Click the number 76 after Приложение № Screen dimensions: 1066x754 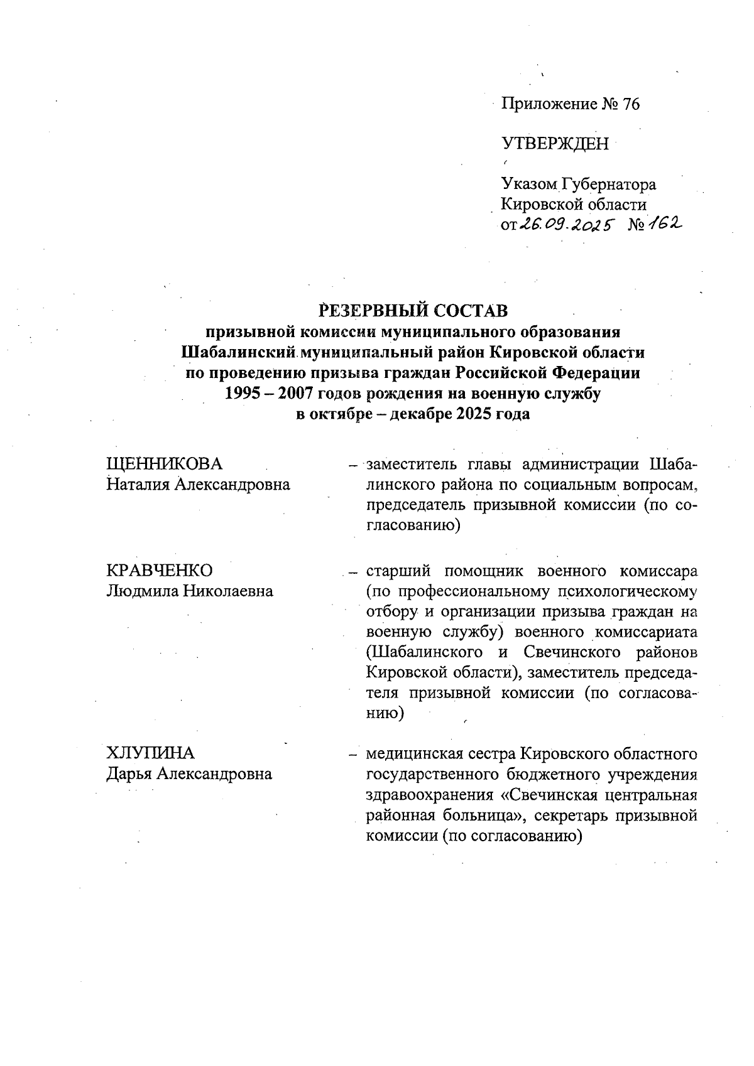click(x=630, y=104)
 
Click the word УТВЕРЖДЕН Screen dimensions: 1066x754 click(x=555, y=145)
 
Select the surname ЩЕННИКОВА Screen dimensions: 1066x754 click(x=165, y=464)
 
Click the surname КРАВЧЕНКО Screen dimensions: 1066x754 click(x=160, y=570)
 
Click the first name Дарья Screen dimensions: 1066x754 click(x=129, y=773)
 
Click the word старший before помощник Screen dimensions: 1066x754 click(x=398, y=571)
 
